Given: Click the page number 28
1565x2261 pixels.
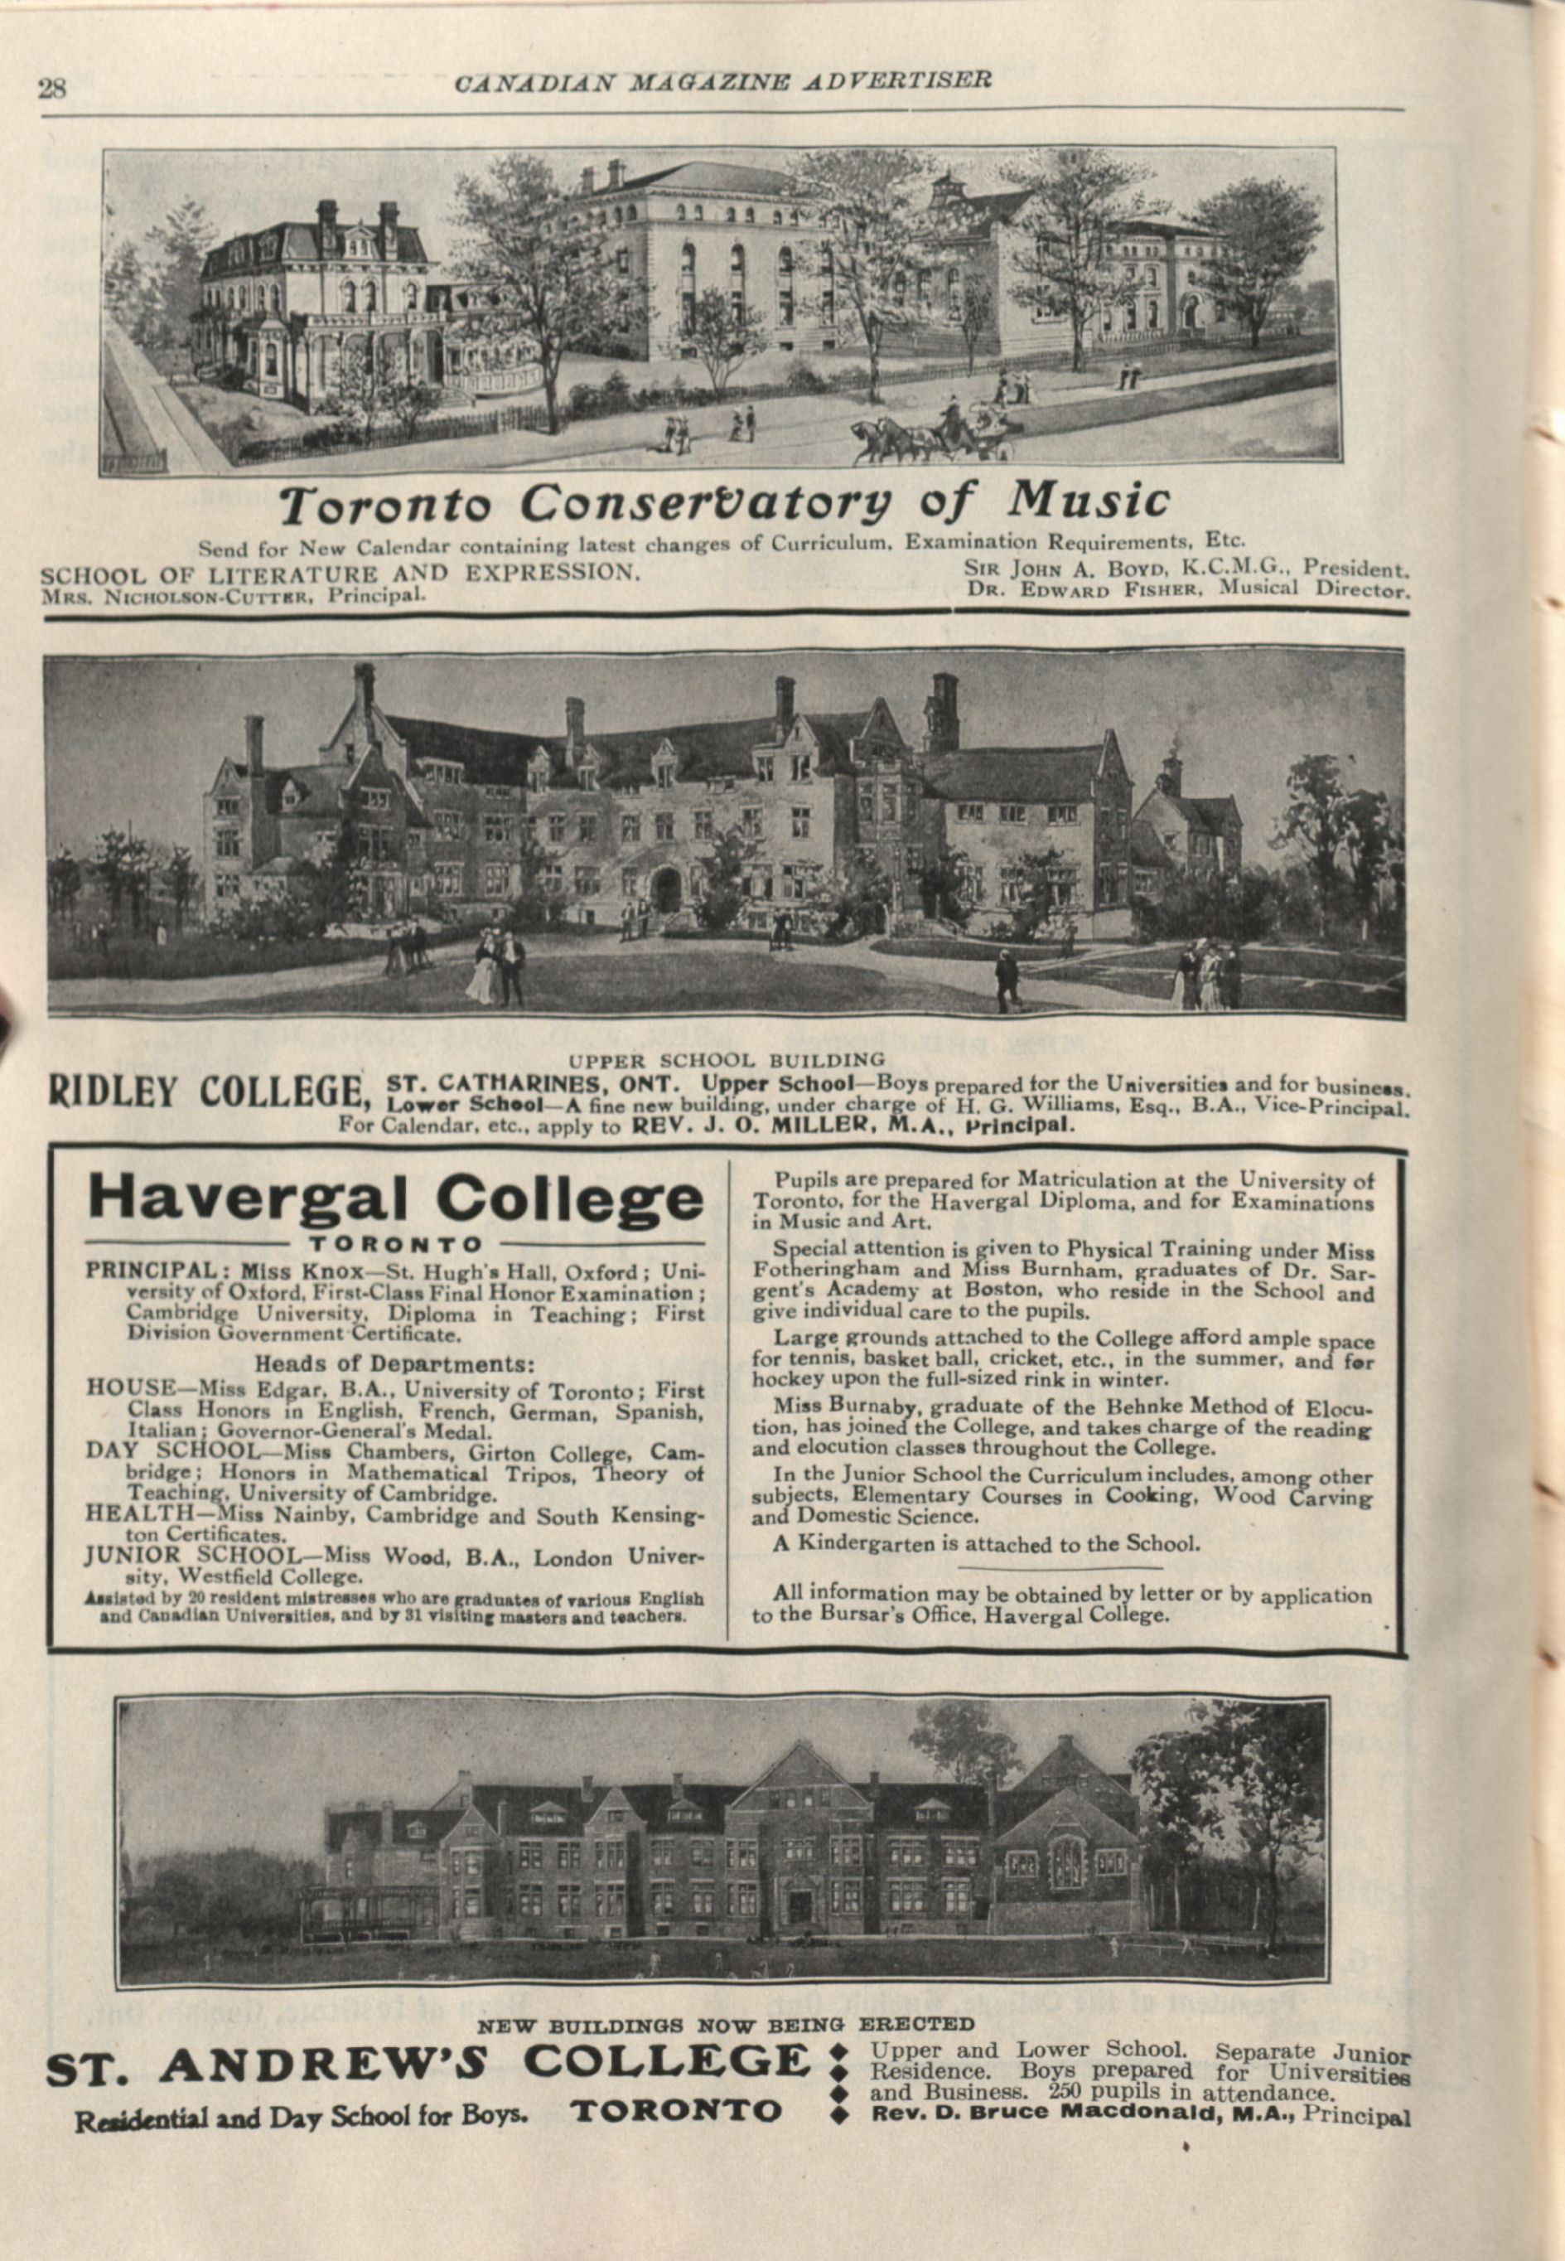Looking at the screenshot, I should point(51,90).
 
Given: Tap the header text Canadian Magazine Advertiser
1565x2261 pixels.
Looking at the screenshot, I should point(722,81).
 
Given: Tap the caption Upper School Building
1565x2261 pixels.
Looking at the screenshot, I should point(727,1059).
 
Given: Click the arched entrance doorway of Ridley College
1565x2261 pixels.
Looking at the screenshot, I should point(667,889).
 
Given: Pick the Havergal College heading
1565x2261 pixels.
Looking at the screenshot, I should point(395,1199).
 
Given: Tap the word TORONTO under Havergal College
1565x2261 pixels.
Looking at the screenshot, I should point(396,1245).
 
